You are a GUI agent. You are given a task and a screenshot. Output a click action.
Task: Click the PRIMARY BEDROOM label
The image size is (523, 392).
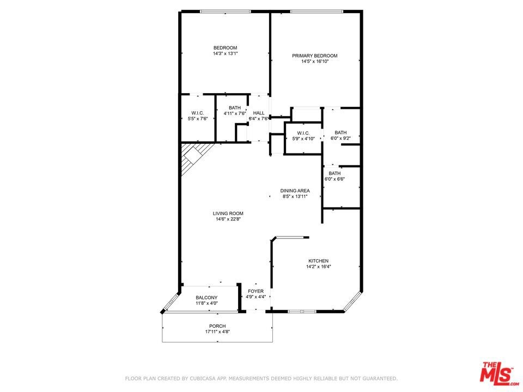[314, 56]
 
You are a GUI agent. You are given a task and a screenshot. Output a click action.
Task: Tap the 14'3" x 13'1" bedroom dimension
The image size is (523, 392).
[225, 53]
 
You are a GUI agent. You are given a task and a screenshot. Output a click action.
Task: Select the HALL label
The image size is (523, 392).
[258, 113]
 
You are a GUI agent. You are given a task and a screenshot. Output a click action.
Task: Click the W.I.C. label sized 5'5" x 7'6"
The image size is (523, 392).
[197, 113]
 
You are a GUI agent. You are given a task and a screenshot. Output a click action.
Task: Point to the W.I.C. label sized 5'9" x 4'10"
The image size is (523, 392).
[303, 133]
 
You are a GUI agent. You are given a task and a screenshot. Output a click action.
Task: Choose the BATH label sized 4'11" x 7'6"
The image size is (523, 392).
[235, 108]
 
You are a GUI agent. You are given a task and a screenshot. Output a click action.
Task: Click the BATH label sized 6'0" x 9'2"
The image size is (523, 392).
[340, 132]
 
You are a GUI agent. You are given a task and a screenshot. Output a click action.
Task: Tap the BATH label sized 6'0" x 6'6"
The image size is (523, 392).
[335, 173]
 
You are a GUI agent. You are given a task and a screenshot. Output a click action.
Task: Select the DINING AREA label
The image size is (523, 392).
[295, 191]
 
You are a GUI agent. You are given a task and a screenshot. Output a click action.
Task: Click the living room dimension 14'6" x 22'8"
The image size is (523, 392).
[228, 219]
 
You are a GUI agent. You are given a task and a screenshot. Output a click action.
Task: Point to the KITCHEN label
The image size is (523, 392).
[318, 261]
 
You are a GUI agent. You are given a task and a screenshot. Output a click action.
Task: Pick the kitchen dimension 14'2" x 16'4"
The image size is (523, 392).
[318, 266]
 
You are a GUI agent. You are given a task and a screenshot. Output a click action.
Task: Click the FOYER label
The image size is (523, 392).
[256, 291]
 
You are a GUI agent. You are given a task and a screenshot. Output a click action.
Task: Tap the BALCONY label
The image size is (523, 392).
[206, 298]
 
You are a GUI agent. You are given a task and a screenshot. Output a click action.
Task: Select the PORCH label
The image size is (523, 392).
[217, 326]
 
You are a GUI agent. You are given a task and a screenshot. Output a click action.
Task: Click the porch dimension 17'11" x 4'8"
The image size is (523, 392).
[217, 332]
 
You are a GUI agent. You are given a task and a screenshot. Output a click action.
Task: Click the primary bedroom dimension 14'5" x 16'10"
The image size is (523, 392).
[315, 62]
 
